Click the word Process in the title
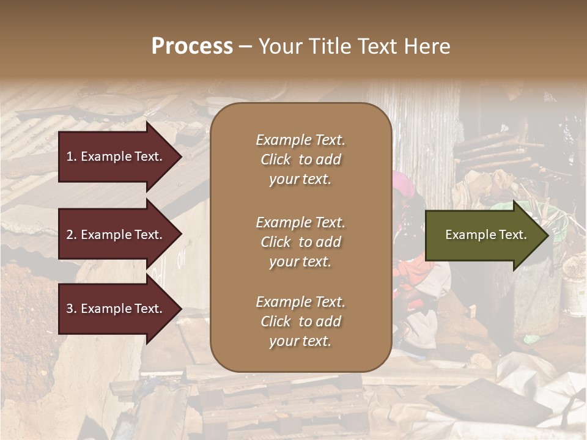click(192, 46)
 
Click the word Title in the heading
click(330, 46)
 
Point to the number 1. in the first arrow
click(71, 156)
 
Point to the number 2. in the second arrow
click(71, 235)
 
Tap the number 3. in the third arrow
click(71, 309)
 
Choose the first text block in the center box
click(300, 159)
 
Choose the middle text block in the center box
click(300, 242)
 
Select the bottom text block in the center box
click(300, 321)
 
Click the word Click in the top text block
click(276, 159)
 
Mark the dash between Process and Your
click(246, 47)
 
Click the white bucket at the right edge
click(574, 287)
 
